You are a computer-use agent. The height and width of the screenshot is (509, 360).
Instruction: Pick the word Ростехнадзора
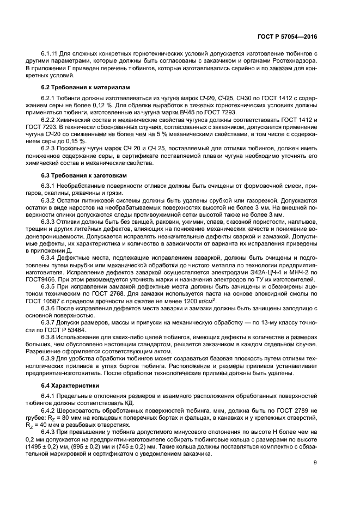(296, 62)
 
